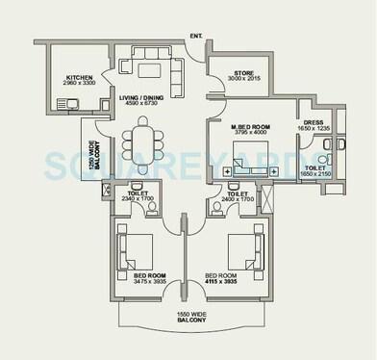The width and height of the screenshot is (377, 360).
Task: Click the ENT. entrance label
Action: (196, 37)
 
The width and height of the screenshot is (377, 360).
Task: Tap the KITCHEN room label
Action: (79, 79)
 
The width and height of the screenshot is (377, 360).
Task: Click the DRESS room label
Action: (314, 122)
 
